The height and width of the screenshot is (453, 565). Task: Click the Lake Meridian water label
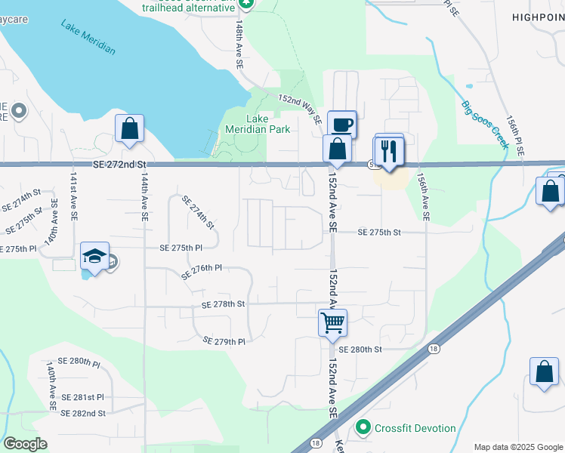[x=88, y=36]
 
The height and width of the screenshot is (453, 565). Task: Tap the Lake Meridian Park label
[x=258, y=124]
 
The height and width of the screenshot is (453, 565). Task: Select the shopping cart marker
[x=332, y=323]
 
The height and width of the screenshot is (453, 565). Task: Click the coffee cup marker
[x=341, y=124]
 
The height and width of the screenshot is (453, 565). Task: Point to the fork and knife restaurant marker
[x=390, y=149]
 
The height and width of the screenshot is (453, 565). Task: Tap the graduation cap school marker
[x=94, y=257]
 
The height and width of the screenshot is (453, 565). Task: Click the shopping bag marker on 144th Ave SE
[x=130, y=128]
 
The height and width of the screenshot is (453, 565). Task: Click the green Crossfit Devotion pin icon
[x=363, y=428]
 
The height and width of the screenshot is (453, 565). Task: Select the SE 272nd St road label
[x=119, y=164]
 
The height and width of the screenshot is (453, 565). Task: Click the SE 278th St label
[x=224, y=304]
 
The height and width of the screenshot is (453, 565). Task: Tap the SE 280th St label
[x=361, y=350]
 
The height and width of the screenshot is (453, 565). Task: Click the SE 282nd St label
[x=83, y=413]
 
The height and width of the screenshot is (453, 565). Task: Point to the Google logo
[x=25, y=443]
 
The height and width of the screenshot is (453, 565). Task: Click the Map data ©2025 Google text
[x=518, y=447]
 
